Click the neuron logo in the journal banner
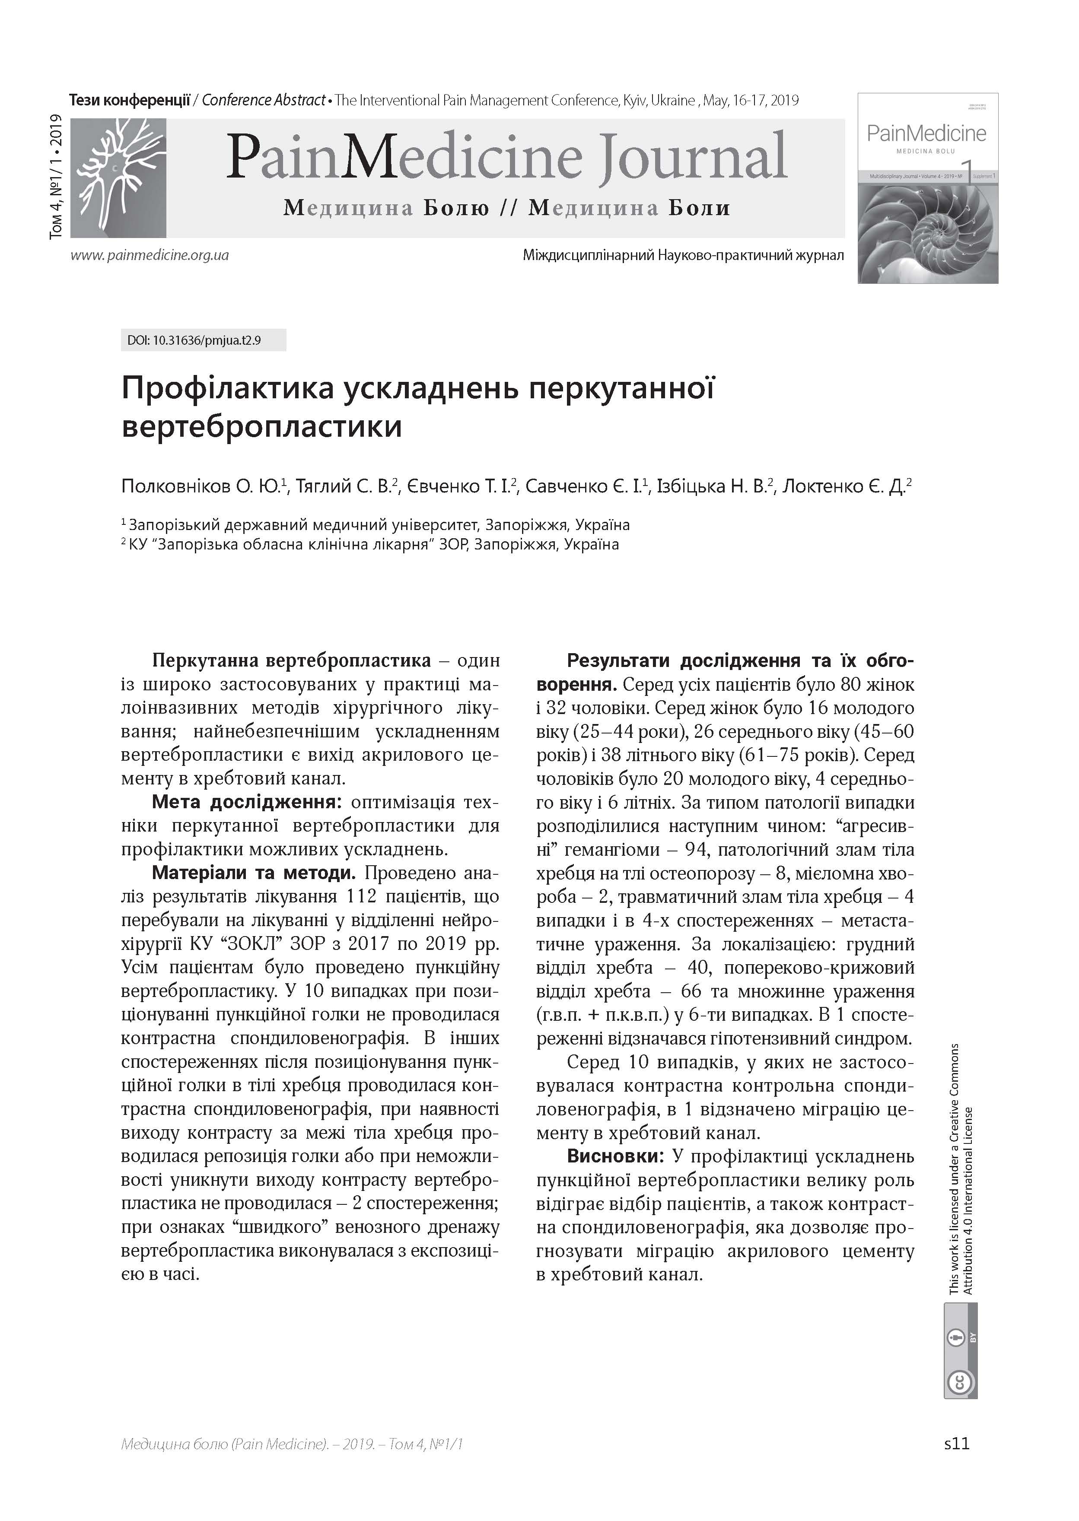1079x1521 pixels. [x=118, y=178]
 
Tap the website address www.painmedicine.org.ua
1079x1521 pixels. [x=150, y=255]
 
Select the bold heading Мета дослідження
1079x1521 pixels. [x=246, y=802]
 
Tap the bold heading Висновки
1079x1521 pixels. [x=614, y=1156]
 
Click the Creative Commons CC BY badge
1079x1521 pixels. [x=961, y=1359]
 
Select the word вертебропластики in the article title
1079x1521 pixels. [x=262, y=426]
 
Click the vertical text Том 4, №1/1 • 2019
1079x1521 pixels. [x=57, y=176]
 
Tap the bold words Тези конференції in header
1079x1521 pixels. [x=130, y=100]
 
